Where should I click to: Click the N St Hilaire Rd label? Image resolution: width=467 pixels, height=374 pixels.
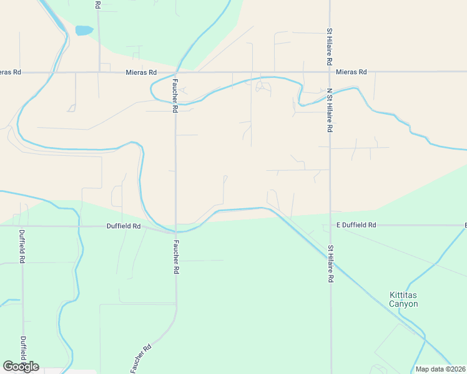[329, 110]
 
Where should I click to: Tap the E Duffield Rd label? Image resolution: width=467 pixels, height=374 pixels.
[356, 224]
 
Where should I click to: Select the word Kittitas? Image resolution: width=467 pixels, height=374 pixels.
[403, 295]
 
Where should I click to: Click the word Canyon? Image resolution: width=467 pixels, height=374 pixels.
[403, 304]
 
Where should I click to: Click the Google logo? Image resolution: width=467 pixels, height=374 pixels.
[21, 367]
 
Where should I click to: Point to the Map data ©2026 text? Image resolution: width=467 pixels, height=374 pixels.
[440, 369]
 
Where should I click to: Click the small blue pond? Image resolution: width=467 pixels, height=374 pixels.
[84, 30]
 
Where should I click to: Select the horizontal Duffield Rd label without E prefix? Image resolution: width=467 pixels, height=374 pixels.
[124, 226]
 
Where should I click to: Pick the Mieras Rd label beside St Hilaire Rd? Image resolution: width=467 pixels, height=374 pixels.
[351, 72]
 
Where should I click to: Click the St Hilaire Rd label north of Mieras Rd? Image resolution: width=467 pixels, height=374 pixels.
[329, 47]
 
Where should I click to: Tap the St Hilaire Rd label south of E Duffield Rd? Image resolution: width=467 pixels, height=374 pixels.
[329, 264]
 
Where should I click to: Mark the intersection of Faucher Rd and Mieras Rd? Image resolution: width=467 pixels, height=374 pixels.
[176, 72]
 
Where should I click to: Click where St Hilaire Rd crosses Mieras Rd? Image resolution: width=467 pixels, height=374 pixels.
[330, 72]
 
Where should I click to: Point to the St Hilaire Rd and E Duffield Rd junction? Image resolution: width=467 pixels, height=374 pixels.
[330, 224]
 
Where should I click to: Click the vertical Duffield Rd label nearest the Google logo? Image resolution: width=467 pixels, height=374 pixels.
[23, 352]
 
